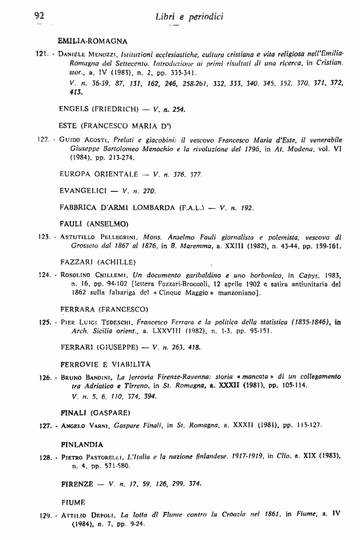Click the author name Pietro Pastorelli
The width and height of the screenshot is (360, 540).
(89, 455)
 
